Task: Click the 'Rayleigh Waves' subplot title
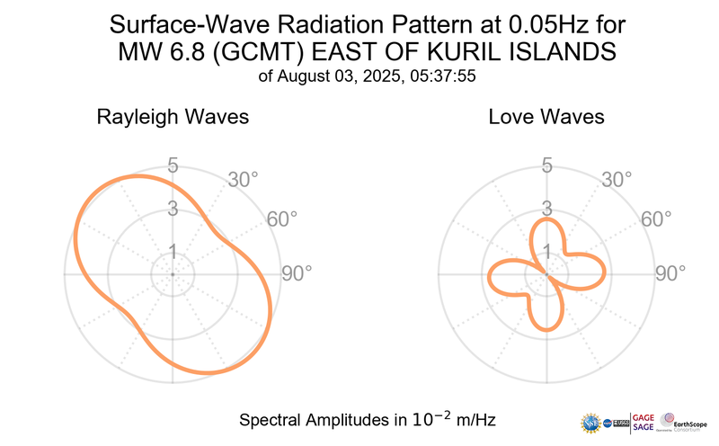[173, 118]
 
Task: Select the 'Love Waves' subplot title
[546, 118]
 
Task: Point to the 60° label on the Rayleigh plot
[281, 220]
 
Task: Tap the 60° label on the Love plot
[657, 220]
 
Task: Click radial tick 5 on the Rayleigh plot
[172, 165]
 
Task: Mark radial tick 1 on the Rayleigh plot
[172, 252]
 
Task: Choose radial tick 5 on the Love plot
[546, 165]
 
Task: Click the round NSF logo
[591, 422]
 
